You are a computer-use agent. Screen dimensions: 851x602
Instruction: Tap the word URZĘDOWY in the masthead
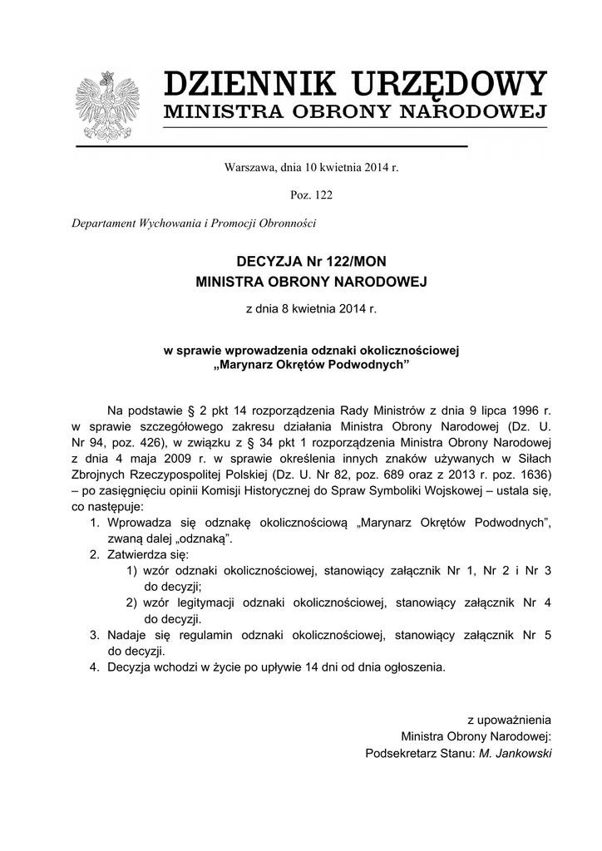[x=448, y=85]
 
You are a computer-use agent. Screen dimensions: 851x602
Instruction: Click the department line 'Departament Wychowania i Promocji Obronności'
[x=194, y=224]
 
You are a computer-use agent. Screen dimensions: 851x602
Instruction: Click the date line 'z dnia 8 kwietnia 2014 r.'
[x=311, y=309]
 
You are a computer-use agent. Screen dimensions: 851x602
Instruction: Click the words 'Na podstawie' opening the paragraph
[x=142, y=410]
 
